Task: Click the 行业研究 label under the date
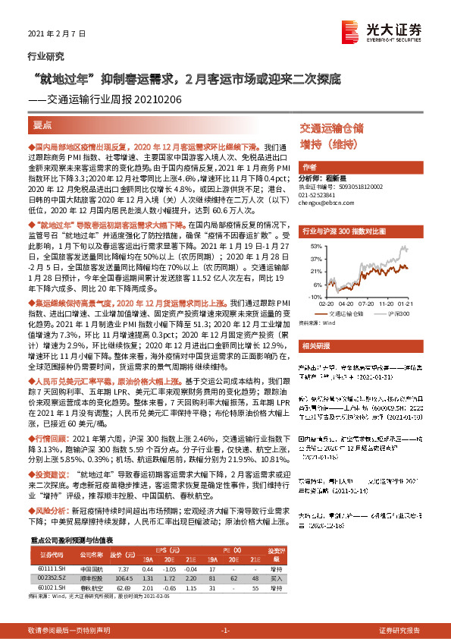click(x=41, y=56)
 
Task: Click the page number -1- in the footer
click(x=224, y=630)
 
